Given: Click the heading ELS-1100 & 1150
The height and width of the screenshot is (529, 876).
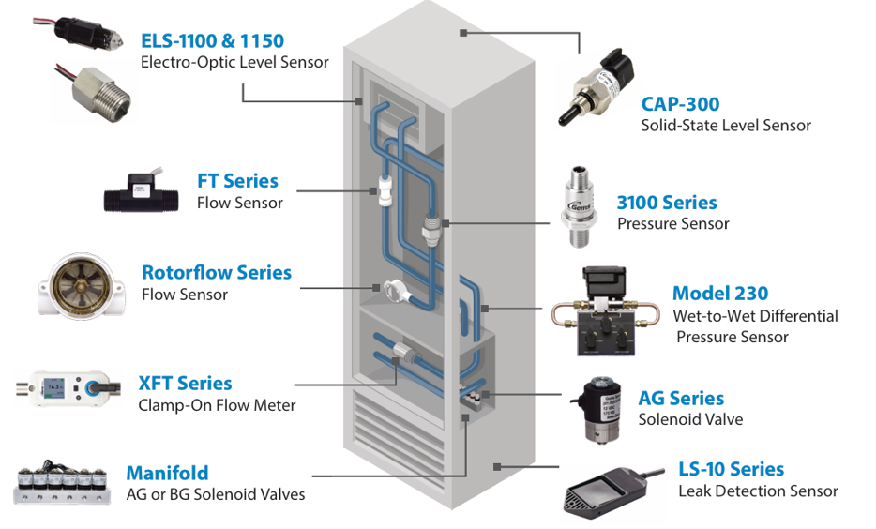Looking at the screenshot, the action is pos(212,40).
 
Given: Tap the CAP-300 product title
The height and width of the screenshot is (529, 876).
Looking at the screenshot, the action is pos(680,104).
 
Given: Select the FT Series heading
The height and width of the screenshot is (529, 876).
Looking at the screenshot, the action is pos(237,181).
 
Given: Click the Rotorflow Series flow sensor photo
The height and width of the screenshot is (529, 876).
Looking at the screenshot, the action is pos(82,286).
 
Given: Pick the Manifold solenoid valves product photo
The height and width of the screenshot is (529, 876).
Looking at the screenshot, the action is pos(62,483).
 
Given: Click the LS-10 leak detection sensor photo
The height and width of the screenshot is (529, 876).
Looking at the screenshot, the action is pos(612,491).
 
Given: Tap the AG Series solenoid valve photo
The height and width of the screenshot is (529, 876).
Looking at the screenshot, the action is pos(597,410).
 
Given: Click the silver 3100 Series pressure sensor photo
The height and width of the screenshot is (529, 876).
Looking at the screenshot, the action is pos(579,206).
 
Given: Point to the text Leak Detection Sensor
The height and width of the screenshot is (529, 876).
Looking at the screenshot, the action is pos(758,491).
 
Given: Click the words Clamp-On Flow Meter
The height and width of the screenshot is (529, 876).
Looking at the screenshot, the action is pos(217,405).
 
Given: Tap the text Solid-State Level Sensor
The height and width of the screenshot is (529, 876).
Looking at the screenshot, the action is pos(726,125).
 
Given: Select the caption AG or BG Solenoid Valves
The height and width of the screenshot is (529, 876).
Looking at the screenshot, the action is pos(216,494).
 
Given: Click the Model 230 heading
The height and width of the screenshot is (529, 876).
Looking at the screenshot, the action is pos(720,294).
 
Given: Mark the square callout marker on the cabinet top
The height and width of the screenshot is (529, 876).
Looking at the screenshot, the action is pos(463,33).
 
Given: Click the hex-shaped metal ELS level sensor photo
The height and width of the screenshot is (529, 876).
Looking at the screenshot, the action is pos(96,92).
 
